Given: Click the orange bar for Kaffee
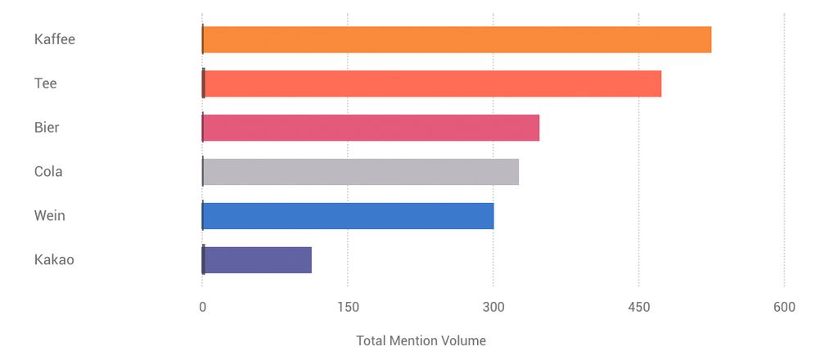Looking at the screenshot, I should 457,39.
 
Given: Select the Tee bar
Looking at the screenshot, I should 431,83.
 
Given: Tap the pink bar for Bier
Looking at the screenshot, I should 371,128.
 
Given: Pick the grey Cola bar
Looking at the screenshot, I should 360,172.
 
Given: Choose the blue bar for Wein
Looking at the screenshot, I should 348,216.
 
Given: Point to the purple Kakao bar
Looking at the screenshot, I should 257,260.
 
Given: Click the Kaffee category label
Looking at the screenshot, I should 55,39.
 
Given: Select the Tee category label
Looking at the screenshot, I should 46,83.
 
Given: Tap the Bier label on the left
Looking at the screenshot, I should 47,128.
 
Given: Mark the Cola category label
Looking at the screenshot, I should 48,172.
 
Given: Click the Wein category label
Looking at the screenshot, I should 50,216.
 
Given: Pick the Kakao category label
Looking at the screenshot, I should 54,260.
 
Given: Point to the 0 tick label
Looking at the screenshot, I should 202,308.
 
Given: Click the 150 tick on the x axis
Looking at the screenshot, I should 348,308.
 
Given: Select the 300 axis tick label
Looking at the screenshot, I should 493,308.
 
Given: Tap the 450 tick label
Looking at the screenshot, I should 639,308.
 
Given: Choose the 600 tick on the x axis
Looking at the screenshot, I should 784,308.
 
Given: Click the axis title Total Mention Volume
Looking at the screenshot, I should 421,340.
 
